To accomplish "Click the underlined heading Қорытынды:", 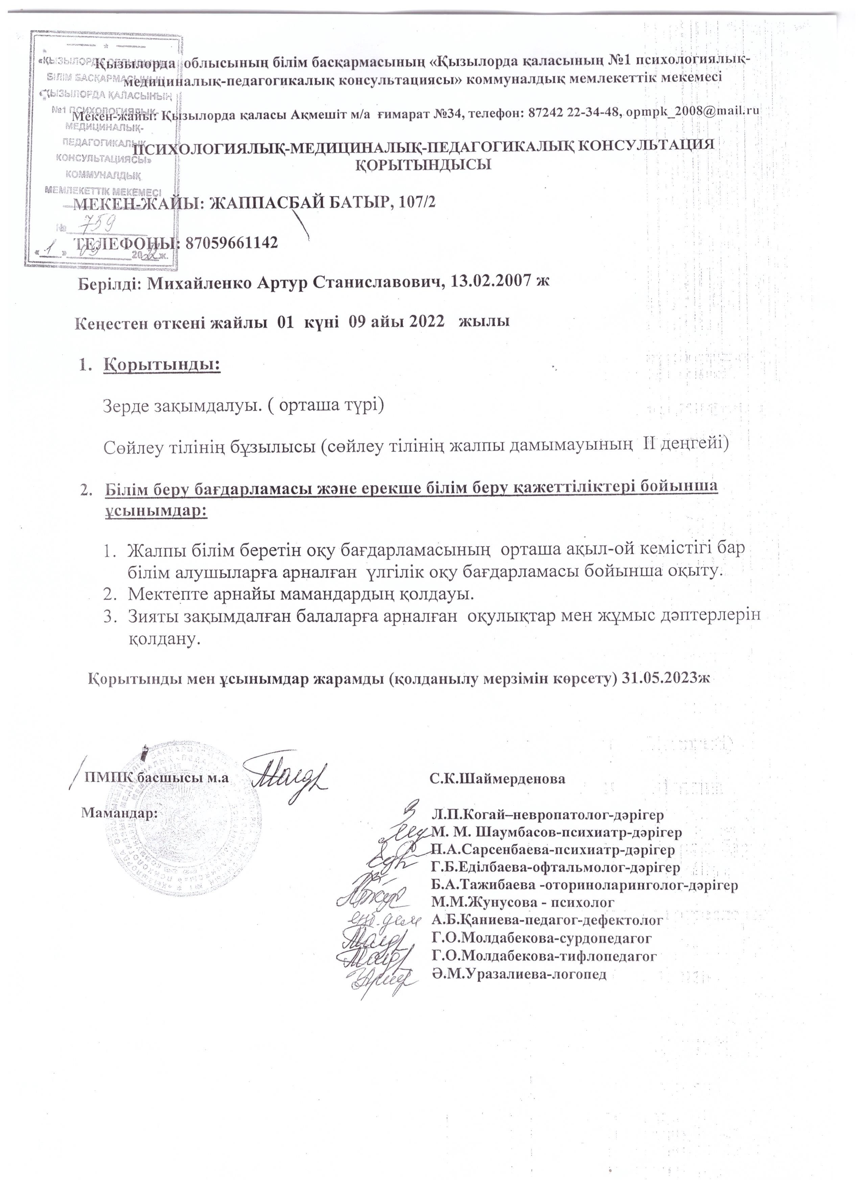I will point(162,365).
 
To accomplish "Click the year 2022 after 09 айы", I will point(428,322).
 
